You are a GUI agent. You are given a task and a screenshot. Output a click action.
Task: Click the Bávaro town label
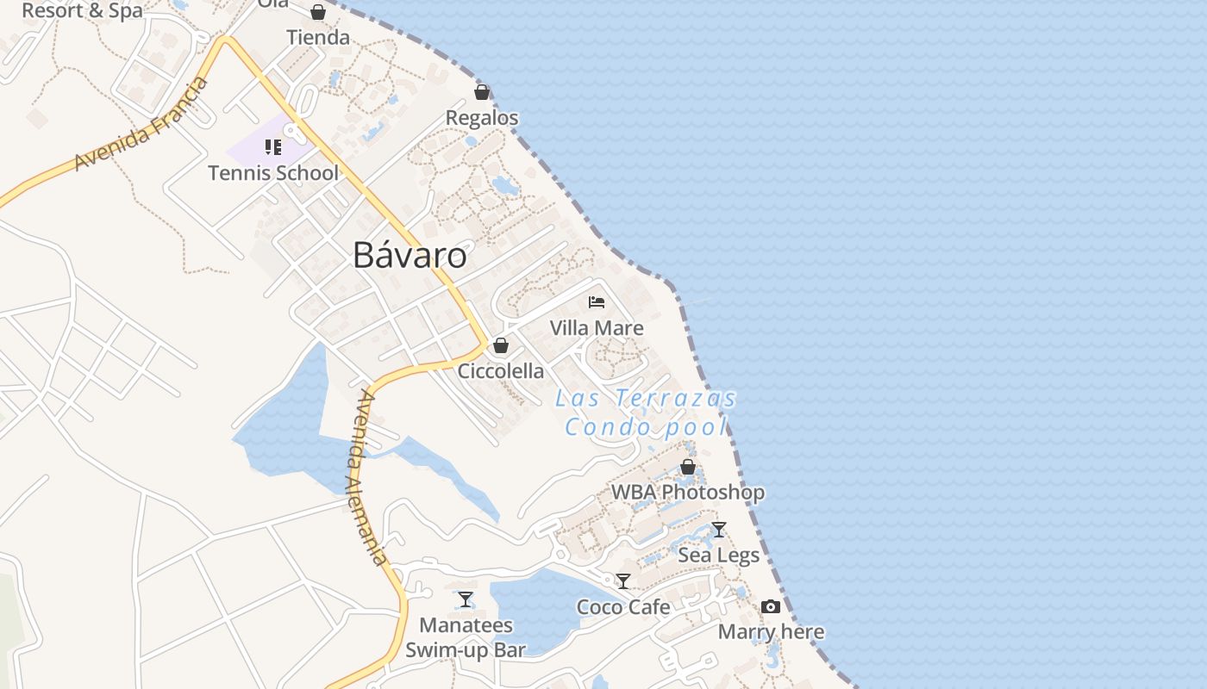point(410,256)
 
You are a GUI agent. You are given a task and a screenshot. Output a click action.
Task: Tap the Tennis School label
point(273,173)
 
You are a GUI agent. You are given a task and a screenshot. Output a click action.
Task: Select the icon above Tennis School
point(273,147)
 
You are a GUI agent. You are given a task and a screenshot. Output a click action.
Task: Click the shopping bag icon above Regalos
point(482,92)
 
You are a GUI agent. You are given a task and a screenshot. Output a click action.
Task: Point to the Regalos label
point(482,118)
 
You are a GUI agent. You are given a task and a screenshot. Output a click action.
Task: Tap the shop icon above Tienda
point(318,12)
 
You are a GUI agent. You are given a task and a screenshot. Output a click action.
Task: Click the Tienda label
point(318,38)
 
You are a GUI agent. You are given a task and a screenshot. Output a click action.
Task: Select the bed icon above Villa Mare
point(597,302)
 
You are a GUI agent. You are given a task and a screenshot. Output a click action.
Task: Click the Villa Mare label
point(597,328)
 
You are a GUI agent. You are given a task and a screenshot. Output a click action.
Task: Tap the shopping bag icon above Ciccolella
point(501,346)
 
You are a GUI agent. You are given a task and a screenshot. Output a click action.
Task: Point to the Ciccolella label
point(501,371)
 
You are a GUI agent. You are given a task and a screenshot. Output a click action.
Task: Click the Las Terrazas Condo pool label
point(647,413)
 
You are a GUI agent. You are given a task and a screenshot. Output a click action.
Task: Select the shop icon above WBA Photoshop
point(688,467)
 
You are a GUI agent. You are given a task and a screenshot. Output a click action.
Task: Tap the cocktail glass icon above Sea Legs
point(718,530)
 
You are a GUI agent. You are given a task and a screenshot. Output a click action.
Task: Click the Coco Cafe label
point(623,607)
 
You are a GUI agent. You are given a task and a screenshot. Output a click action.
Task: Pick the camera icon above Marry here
point(771,607)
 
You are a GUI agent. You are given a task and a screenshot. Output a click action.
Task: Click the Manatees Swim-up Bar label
point(466,637)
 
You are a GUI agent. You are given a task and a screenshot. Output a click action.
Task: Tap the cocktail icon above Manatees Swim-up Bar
point(466,599)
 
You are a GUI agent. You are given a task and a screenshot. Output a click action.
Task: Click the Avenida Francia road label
point(141,123)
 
